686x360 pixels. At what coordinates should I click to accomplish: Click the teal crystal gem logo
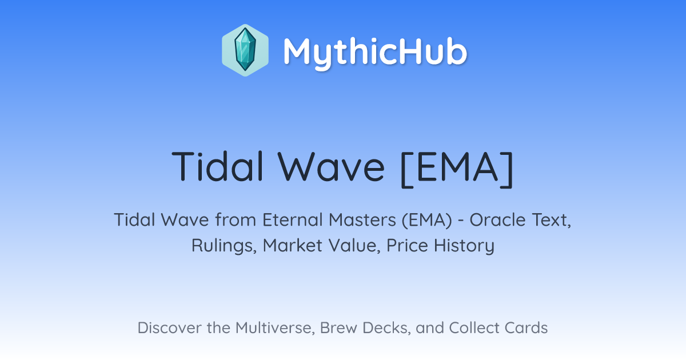[245, 50]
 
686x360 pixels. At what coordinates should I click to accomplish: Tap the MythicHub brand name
[375, 53]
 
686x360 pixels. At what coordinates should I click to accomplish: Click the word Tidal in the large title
[218, 167]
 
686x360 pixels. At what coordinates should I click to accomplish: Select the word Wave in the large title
[331, 167]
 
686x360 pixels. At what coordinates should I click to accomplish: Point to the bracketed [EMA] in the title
[457, 169]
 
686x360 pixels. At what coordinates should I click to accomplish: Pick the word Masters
[362, 220]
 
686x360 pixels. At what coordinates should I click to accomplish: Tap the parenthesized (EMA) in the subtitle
[427, 221]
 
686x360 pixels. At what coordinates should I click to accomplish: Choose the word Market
[293, 246]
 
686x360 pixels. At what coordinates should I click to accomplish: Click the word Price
[407, 246]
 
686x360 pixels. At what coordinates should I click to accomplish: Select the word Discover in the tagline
[170, 328]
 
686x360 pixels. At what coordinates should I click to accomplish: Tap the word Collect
[473, 328]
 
